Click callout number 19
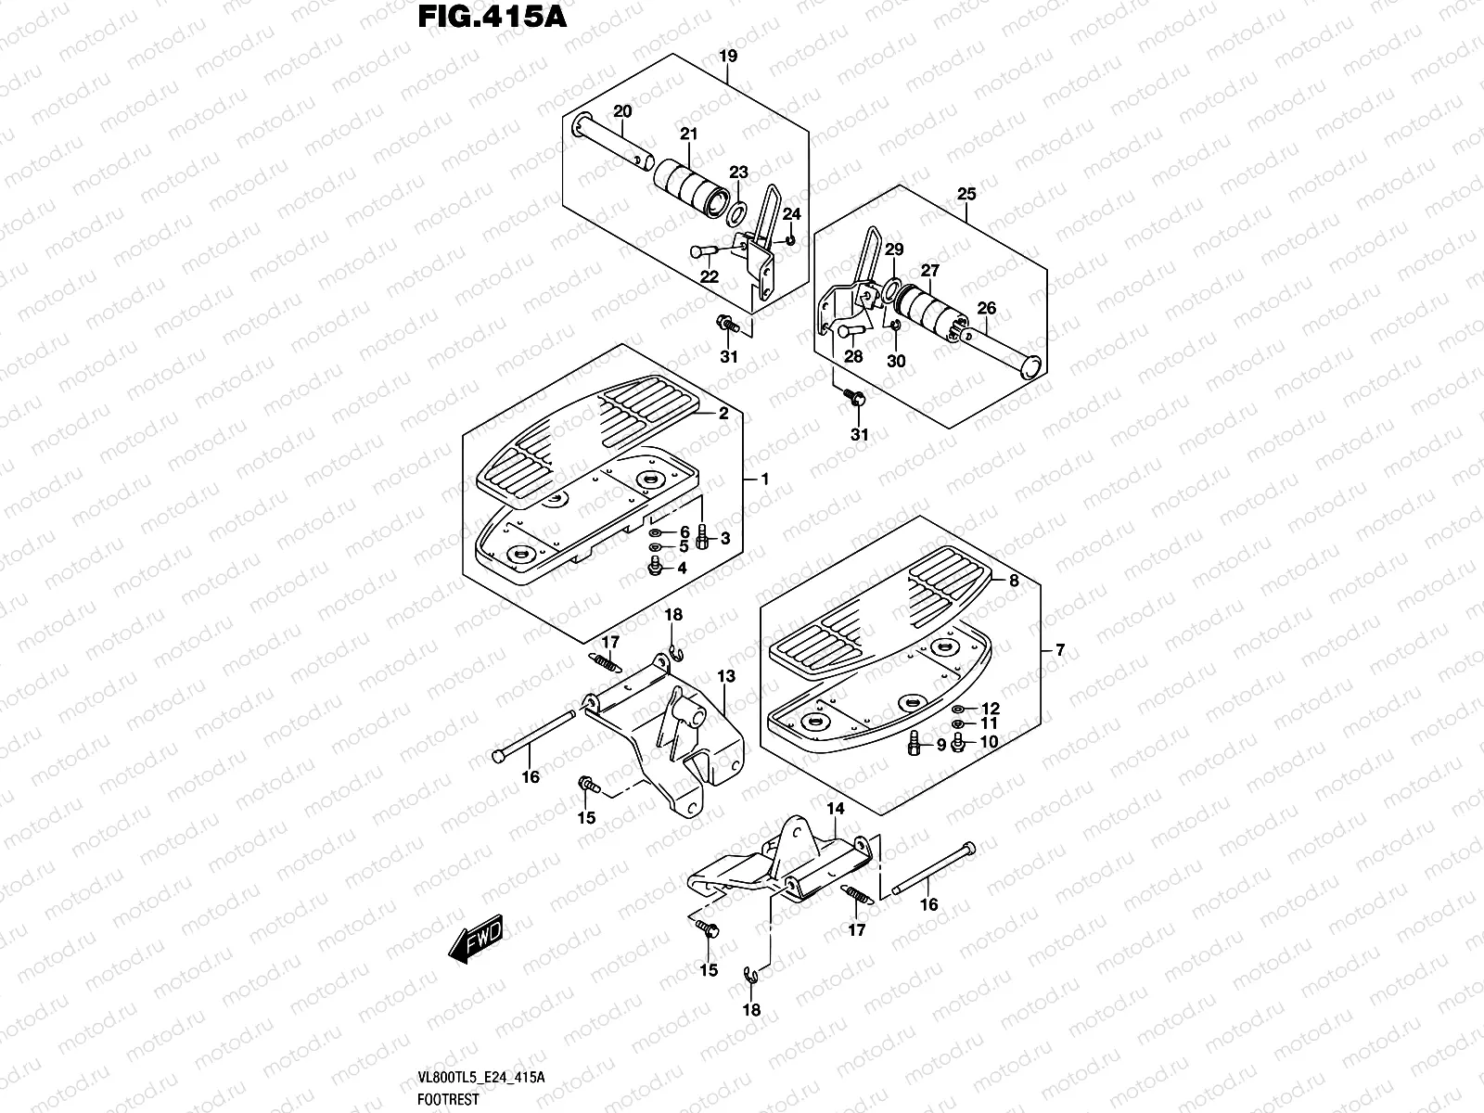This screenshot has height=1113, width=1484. (x=728, y=57)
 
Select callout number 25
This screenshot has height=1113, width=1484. (x=966, y=194)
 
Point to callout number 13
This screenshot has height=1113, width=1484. (x=725, y=677)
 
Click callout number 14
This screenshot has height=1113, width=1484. (x=836, y=809)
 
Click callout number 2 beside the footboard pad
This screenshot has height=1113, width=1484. (x=723, y=415)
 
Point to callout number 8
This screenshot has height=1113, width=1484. (x=1014, y=581)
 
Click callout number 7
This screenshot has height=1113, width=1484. (x=1060, y=650)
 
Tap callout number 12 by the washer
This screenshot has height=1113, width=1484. (x=991, y=708)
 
